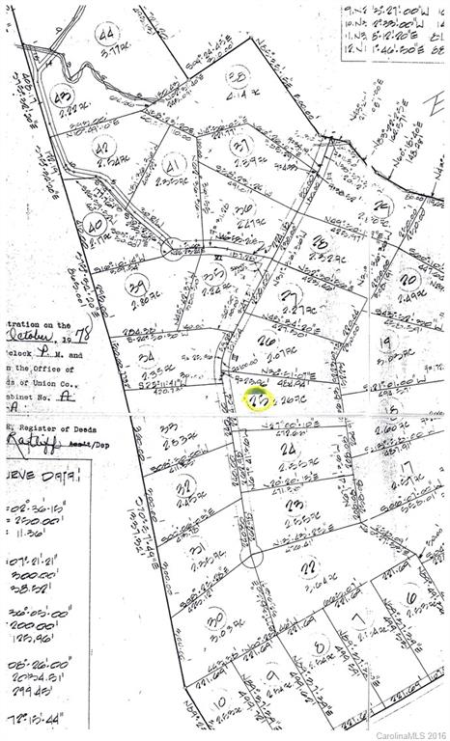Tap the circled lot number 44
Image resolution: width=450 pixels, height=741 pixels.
106,36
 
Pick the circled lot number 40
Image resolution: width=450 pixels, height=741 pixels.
95,227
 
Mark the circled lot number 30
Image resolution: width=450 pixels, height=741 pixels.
215,617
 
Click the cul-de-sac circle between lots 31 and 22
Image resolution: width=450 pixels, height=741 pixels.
251,558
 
